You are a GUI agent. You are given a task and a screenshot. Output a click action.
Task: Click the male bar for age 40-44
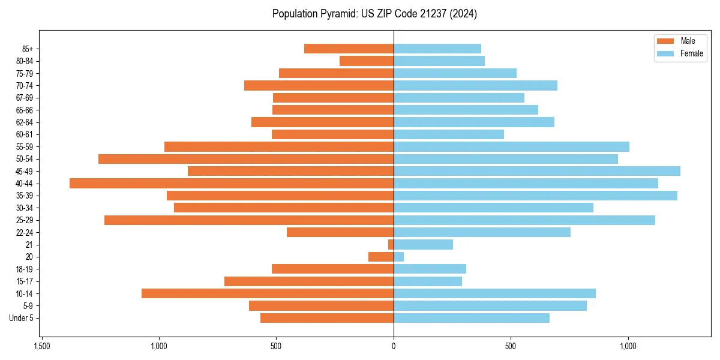tap(232, 184)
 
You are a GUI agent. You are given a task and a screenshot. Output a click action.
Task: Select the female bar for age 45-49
tap(537, 171)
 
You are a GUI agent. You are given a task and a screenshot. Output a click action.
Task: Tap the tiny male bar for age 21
tap(391, 245)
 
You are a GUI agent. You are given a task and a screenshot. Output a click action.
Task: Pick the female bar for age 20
tap(399, 257)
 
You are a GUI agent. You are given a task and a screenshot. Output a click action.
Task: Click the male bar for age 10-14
tap(268, 293)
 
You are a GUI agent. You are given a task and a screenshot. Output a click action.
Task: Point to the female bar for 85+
tap(437, 49)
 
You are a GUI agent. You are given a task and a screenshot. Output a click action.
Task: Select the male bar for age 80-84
tap(367, 61)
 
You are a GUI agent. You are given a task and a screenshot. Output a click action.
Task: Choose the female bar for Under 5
tap(472, 318)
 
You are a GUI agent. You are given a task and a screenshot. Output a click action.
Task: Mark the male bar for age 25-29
tap(249, 220)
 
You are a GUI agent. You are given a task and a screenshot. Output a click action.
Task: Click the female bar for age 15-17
tap(428, 281)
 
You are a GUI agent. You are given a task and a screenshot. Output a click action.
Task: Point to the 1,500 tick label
tap(41, 347)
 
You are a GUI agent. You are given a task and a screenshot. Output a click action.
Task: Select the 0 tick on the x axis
tap(394, 347)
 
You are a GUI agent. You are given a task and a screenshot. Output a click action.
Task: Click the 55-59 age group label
tap(25, 147)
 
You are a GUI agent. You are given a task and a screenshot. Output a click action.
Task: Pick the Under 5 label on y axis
tap(21, 318)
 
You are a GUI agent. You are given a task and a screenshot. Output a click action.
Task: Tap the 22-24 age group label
tap(25, 233)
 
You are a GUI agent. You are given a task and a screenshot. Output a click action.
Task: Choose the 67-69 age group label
tap(25, 98)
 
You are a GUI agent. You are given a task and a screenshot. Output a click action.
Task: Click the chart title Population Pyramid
tap(374, 14)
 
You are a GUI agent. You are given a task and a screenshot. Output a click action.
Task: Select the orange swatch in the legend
tap(665, 41)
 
